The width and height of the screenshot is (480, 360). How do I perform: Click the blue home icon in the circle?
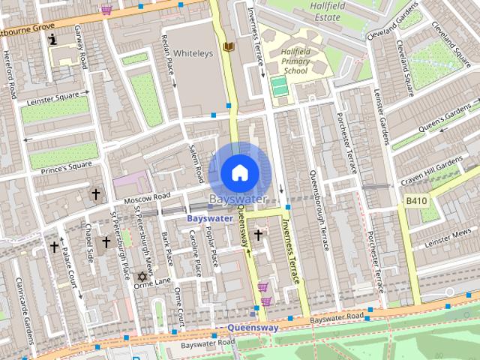[238, 172]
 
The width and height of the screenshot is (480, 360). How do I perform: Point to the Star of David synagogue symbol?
[139, 277]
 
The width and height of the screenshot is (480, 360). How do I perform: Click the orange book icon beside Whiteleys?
[229, 46]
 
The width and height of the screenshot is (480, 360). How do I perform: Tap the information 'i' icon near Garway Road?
[52, 39]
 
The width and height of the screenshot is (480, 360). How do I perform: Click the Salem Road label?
[196, 160]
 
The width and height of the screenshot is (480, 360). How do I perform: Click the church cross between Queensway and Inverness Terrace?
[259, 235]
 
